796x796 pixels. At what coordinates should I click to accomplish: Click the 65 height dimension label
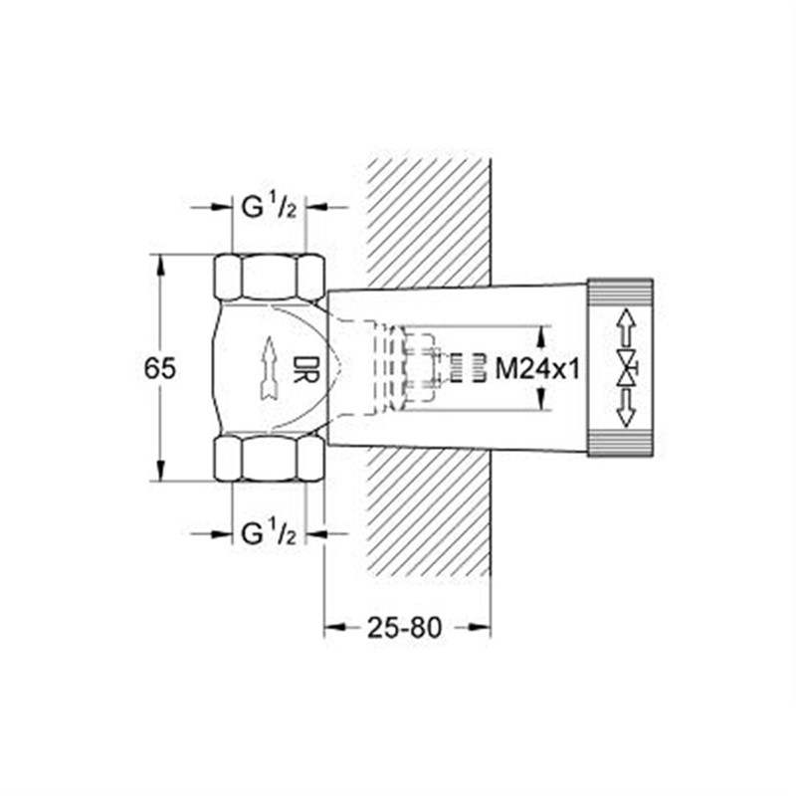160,368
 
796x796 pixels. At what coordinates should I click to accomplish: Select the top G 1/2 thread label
270,208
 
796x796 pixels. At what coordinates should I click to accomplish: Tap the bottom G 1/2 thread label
270,534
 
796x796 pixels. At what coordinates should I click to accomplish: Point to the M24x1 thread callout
537,369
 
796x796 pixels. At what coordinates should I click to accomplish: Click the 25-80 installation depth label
404,627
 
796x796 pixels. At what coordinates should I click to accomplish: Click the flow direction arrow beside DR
268,368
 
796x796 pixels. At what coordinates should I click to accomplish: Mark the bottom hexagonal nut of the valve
270,459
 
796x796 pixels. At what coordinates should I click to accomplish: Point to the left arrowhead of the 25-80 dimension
331,627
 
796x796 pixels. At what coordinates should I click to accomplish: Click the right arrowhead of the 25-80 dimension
484,627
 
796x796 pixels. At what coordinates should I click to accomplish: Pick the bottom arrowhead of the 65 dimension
160,474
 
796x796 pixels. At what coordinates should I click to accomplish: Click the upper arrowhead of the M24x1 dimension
541,331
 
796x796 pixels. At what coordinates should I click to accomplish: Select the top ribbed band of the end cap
619,293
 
